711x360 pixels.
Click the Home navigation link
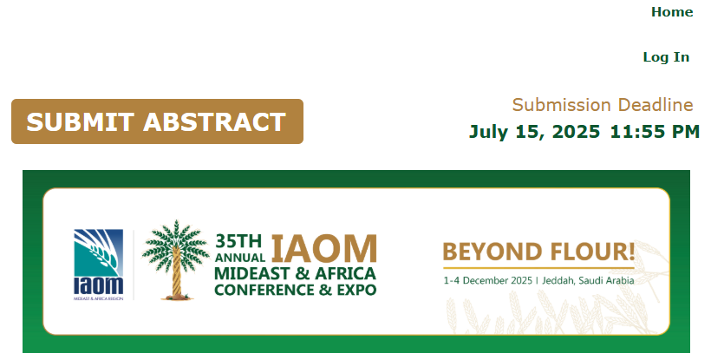click(x=672, y=12)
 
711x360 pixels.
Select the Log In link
click(x=666, y=57)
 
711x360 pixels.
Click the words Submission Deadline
click(x=603, y=105)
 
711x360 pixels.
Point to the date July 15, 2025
click(x=535, y=132)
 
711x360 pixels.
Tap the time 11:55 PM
click(x=655, y=132)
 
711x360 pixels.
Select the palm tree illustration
click(x=175, y=259)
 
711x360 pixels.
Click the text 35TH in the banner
click(x=238, y=241)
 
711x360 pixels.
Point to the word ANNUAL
click(x=240, y=258)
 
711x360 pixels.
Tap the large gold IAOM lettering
click(x=323, y=248)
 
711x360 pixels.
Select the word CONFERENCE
click(x=264, y=289)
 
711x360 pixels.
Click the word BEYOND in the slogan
click(x=492, y=252)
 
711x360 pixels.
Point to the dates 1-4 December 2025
click(x=487, y=281)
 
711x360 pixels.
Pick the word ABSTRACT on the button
click(x=214, y=122)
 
